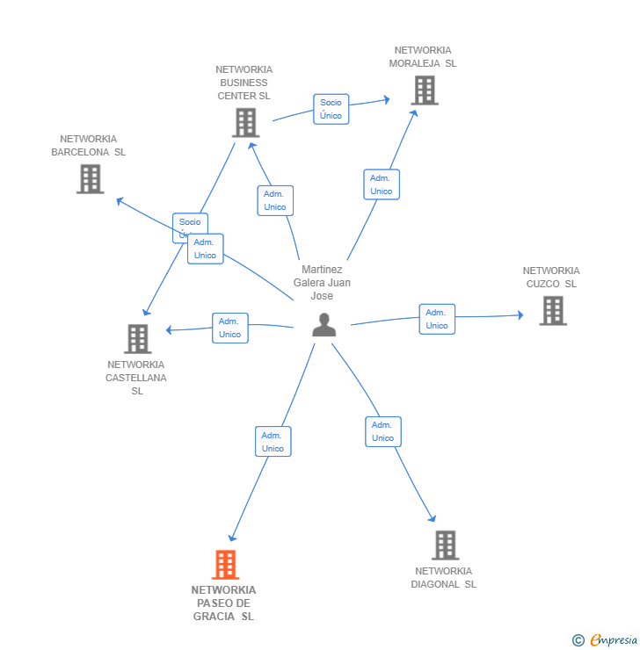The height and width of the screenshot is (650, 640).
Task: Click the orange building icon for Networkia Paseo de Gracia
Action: click(x=226, y=565)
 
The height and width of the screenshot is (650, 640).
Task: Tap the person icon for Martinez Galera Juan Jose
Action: click(x=324, y=325)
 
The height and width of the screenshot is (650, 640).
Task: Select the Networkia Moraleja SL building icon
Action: click(x=425, y=90)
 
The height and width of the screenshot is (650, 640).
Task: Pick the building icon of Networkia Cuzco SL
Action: click(x=552, y=310)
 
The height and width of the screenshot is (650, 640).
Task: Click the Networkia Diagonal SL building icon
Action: click(x=446, y=545)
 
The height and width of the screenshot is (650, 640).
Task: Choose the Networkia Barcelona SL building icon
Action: click(x=90, y=178)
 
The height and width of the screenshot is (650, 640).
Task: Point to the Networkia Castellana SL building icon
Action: click(x=137, y=338)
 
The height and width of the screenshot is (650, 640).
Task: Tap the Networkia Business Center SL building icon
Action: click(x=245, y=122)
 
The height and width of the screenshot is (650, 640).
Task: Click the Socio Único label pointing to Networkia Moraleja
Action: click(x=331, y=109)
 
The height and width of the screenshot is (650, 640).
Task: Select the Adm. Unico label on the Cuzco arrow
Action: click(x=437, y=319)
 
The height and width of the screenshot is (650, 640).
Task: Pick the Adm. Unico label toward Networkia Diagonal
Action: click(x=382, y=431)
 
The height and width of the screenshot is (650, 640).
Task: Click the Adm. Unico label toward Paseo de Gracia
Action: click(x=273, y=442)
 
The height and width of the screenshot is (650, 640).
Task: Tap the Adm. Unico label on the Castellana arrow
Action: click(x=229, y=328)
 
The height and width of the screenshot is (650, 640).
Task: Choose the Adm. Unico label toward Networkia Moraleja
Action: click(x=381, y=184)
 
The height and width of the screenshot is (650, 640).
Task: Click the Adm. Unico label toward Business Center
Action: click(x=275, y=200)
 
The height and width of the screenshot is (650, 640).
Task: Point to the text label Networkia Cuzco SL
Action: click(x=551, y=277)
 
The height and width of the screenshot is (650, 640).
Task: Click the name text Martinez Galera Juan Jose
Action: click(x=322, y=283)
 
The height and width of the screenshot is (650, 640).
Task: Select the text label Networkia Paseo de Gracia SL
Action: click(x=224, y=603)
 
